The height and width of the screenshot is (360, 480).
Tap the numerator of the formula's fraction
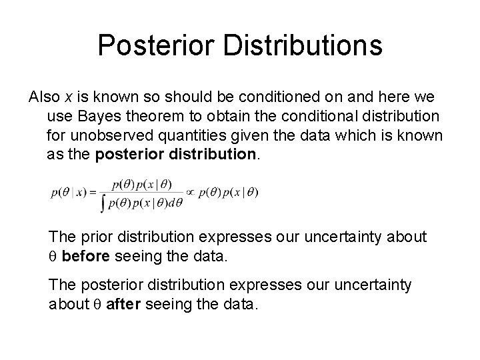pyautogui.click(x=141, y=184)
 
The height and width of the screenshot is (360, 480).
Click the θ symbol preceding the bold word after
pyautogui.click(x=95, y=305)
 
